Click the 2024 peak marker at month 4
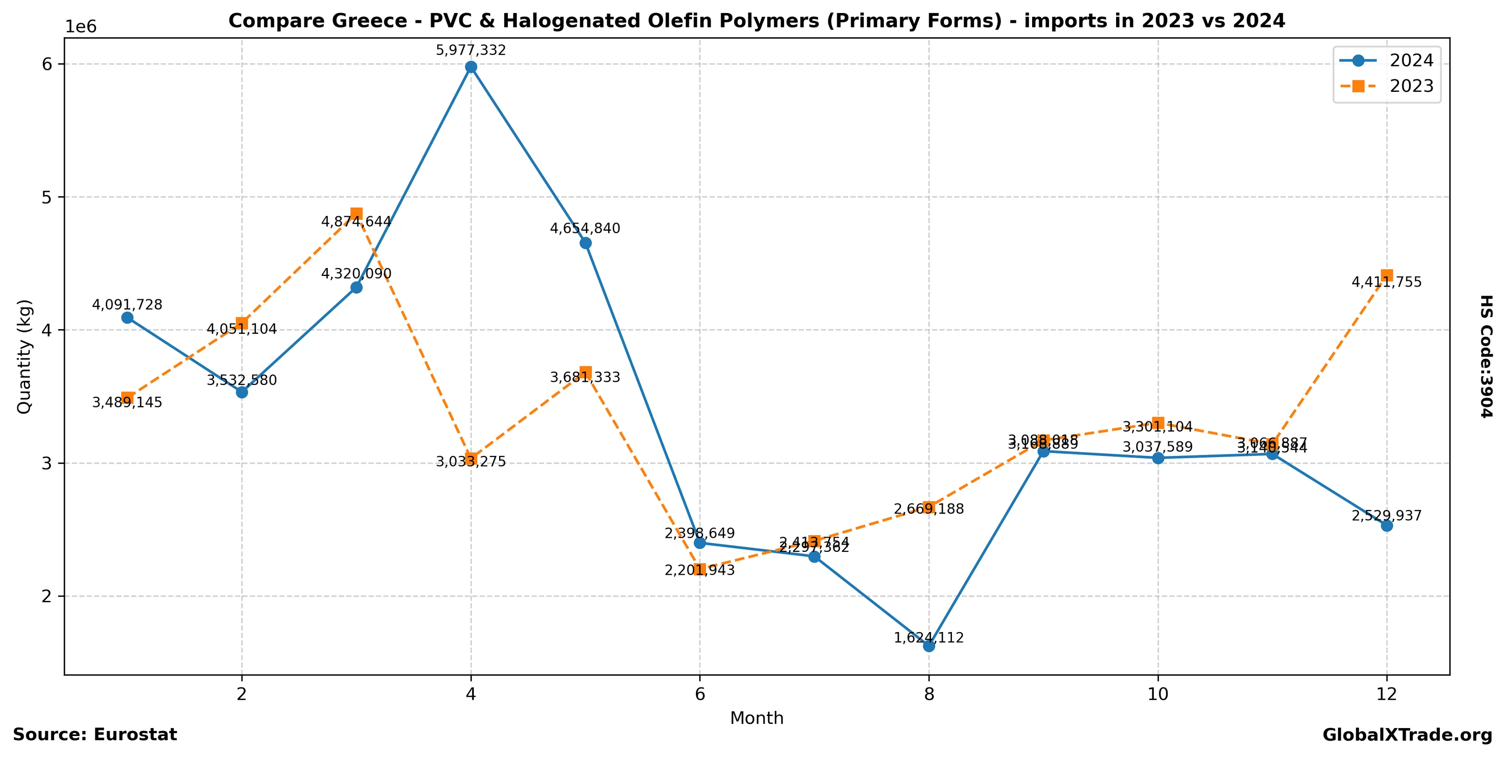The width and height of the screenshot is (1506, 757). point(471,67)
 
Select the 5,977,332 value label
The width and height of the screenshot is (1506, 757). point(471,50)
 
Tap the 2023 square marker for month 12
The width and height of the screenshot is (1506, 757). point(1386,275)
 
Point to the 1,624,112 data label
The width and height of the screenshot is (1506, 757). point(929,638)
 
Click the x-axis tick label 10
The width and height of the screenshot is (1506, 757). point(1158,694)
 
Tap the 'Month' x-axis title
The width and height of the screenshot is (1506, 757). point(756,718)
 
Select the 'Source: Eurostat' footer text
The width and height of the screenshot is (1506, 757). point(95,735)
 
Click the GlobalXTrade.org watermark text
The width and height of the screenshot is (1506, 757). point(1407,736)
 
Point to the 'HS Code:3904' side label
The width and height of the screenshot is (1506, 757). point(1486,356)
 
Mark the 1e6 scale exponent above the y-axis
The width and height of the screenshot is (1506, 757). point(81,27)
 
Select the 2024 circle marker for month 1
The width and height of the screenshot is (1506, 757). point(127,318)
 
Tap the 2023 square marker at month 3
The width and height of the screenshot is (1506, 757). point(356,214)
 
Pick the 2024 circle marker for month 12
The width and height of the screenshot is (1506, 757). point(1386,526)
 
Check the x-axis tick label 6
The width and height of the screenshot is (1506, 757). point(700,694)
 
